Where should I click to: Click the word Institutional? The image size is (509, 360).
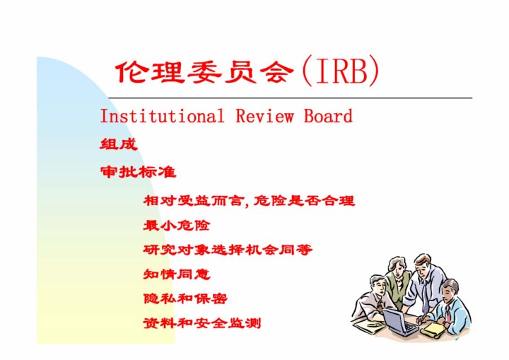tap(162, 116)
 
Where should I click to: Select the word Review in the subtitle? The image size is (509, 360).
tap(264, 116)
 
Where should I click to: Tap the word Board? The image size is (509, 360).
tap(328, 116)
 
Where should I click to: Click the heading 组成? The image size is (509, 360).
tap(119, 144)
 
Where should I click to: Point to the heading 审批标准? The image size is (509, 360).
tap(139, 172)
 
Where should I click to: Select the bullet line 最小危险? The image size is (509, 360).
tap(177, 225)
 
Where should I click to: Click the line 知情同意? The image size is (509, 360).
tap(177, 274)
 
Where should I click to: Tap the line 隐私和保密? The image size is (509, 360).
tap(185, 298)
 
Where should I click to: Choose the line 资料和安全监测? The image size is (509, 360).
tap(202, 323)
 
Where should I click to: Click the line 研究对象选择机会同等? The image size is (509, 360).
tap(228, 250)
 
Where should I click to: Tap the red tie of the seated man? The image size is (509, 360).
tap(448, 312)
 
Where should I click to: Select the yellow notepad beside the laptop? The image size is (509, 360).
tap(433, 329)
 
